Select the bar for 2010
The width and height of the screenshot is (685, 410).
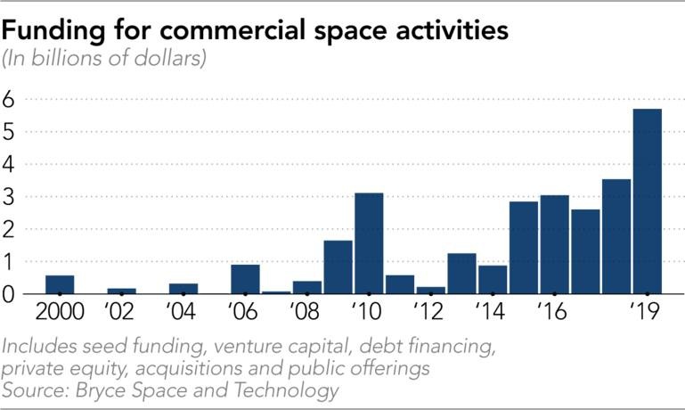click(369, 243)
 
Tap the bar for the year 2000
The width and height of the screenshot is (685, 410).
click(60, 284)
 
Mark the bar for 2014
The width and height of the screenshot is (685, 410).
click(493, 279)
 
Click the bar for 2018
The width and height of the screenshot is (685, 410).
click(616, 236)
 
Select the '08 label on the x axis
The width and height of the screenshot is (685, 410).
click(306, 314)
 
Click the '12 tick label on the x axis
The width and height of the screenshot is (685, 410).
click(430, 314)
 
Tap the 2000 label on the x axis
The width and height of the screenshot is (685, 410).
click(60, 314)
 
